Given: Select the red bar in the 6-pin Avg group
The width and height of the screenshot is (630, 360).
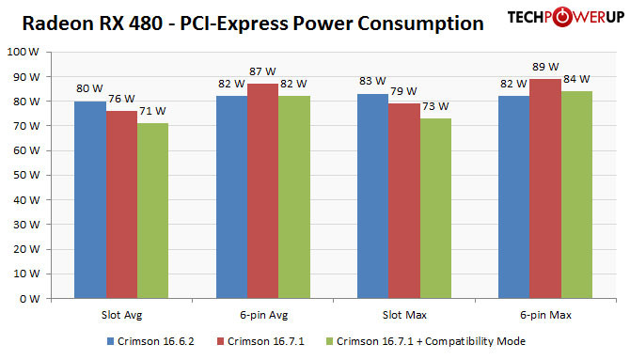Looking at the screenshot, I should pyautogui.click(x=263, y=192).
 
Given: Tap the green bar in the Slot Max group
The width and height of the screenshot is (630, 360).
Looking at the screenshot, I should pyautogui.click(x=436, y=209).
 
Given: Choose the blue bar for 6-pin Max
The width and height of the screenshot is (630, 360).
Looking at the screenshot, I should pyautogui.click(x=514, y=197).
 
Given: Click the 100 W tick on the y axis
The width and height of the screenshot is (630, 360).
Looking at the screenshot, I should pyautogui.click(x=22, y=53).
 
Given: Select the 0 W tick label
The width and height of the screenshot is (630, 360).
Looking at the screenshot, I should pyautogui.click(x=27, y=299).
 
